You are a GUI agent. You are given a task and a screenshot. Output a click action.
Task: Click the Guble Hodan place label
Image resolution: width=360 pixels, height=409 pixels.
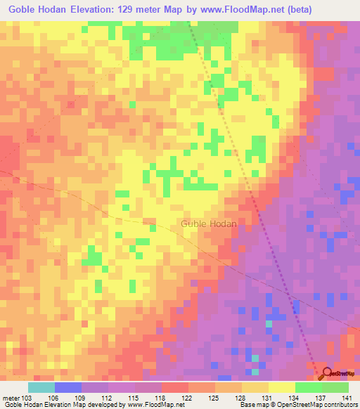209,223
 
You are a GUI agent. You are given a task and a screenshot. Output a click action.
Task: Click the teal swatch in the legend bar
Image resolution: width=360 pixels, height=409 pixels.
41,387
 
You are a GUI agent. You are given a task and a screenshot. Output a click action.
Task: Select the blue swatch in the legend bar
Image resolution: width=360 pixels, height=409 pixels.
68,387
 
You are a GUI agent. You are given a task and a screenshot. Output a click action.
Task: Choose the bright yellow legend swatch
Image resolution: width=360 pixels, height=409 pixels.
282,387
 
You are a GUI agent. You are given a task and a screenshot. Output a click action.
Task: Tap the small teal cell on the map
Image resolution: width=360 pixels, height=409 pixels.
268,324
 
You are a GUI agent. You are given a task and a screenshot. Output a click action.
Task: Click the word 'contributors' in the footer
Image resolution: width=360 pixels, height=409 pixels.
338,405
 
